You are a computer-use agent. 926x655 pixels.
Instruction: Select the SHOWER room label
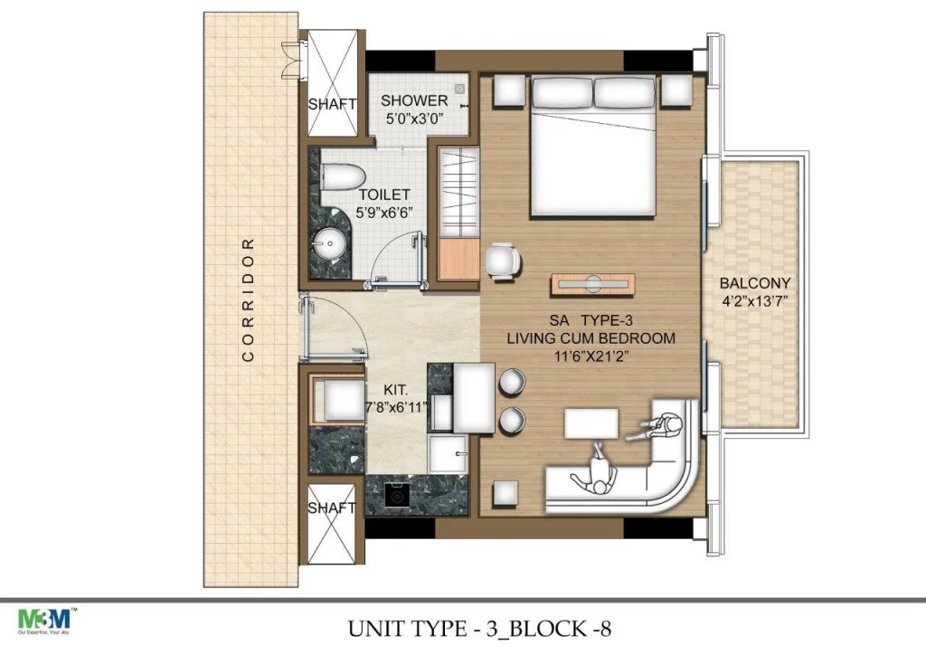(x=414, y=100)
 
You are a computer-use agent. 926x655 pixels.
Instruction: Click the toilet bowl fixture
(x=341, y=176)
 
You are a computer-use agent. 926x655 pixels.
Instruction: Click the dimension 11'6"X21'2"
(x=591, y=356)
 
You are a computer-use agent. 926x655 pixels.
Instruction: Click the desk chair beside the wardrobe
(x=503, y=261)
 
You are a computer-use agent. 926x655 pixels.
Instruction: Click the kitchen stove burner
(x=395, y=496)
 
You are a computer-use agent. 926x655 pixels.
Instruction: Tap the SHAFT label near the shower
(x=332, y=105)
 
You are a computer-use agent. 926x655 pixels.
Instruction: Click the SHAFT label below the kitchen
(x=332, y=508)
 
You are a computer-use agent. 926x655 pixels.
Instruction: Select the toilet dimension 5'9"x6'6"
(x=383, y=213)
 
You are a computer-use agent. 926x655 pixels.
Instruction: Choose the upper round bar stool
(x=511, y=382)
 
